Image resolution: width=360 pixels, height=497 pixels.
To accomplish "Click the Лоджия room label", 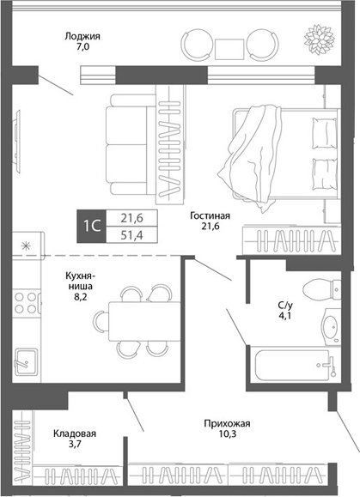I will pyautogui.click(x=83, y=37).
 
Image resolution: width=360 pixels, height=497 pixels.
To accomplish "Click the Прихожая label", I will pyautogui.click(x=227, y=423).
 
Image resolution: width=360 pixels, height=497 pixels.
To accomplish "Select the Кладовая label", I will pyautogui.click(x=72, y=434).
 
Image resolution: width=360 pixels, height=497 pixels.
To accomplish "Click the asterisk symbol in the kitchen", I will pyautogui.click(x=25, y=246).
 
